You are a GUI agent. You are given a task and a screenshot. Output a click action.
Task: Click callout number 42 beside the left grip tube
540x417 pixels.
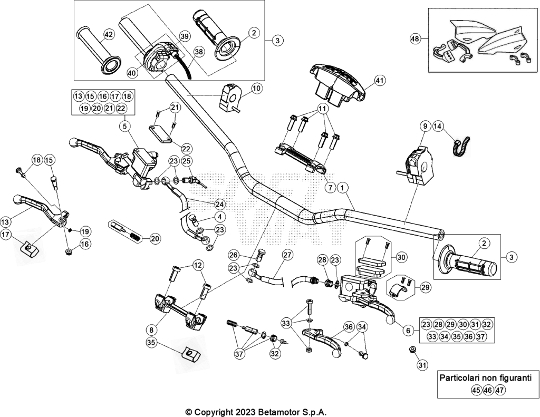(x=109, y=34)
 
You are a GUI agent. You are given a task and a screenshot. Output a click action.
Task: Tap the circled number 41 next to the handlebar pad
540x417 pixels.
(x=379, y=81)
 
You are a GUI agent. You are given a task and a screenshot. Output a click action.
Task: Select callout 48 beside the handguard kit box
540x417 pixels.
(x=415, y=39)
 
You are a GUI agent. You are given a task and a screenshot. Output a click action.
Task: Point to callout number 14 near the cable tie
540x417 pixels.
(x=437, y=127)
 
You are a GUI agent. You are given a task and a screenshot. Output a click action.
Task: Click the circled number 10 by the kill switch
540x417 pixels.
(x=257, y=89)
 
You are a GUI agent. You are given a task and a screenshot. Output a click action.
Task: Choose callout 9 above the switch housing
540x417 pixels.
(x=425, y=127)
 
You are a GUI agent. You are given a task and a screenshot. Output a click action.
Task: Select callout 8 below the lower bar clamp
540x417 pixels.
(x=152, y=330)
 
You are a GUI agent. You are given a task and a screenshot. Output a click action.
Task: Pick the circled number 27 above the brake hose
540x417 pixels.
(x=287, y=255)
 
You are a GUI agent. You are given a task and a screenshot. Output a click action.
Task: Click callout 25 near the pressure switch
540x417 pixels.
(x=186, y=160)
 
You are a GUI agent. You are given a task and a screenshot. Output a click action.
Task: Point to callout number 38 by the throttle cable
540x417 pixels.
(x=199, y=52)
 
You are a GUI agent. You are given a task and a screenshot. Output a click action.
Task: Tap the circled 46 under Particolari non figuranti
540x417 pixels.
(x=488, y=391)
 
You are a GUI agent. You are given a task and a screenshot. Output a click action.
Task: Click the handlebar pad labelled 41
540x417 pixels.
(x=337, y=84)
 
